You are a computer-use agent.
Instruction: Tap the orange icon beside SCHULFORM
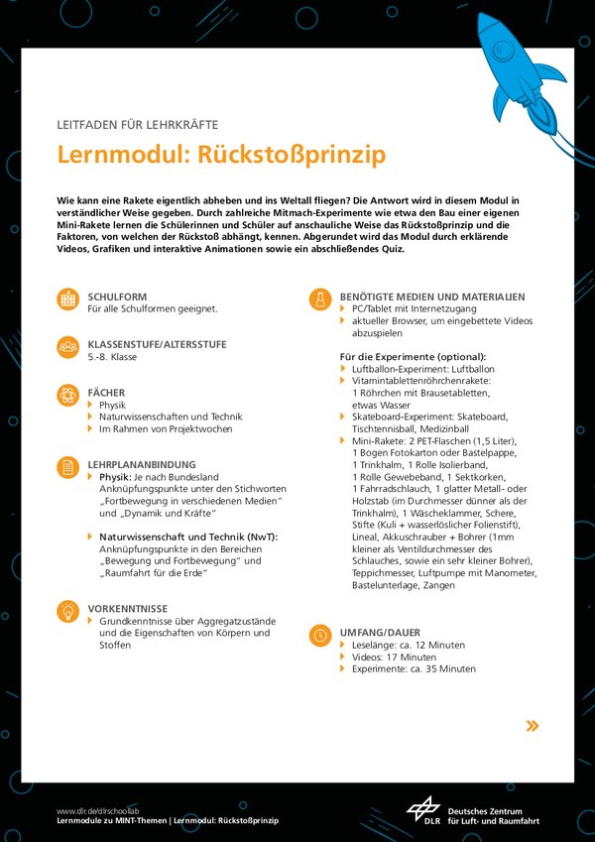[68, 299]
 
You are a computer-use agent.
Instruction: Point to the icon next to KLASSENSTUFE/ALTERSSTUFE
[68, 347]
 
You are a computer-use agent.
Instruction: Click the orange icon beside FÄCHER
[68, 395]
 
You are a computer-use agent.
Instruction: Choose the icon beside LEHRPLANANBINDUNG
[68, 466]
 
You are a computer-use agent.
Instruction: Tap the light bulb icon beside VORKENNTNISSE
[68, 611]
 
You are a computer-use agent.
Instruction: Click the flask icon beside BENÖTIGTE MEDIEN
[319, 299]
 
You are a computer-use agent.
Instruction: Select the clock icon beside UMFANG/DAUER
[319, 635]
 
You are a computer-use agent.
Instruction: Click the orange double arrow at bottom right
[533, 726]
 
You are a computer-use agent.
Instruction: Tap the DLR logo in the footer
[423, 810]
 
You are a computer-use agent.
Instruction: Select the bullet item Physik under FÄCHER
[112, 405]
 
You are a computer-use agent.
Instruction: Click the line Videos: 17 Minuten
[394, 657]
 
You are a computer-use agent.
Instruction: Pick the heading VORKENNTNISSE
[127, 608]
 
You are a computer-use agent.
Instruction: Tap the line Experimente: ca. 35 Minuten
[414, 668]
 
